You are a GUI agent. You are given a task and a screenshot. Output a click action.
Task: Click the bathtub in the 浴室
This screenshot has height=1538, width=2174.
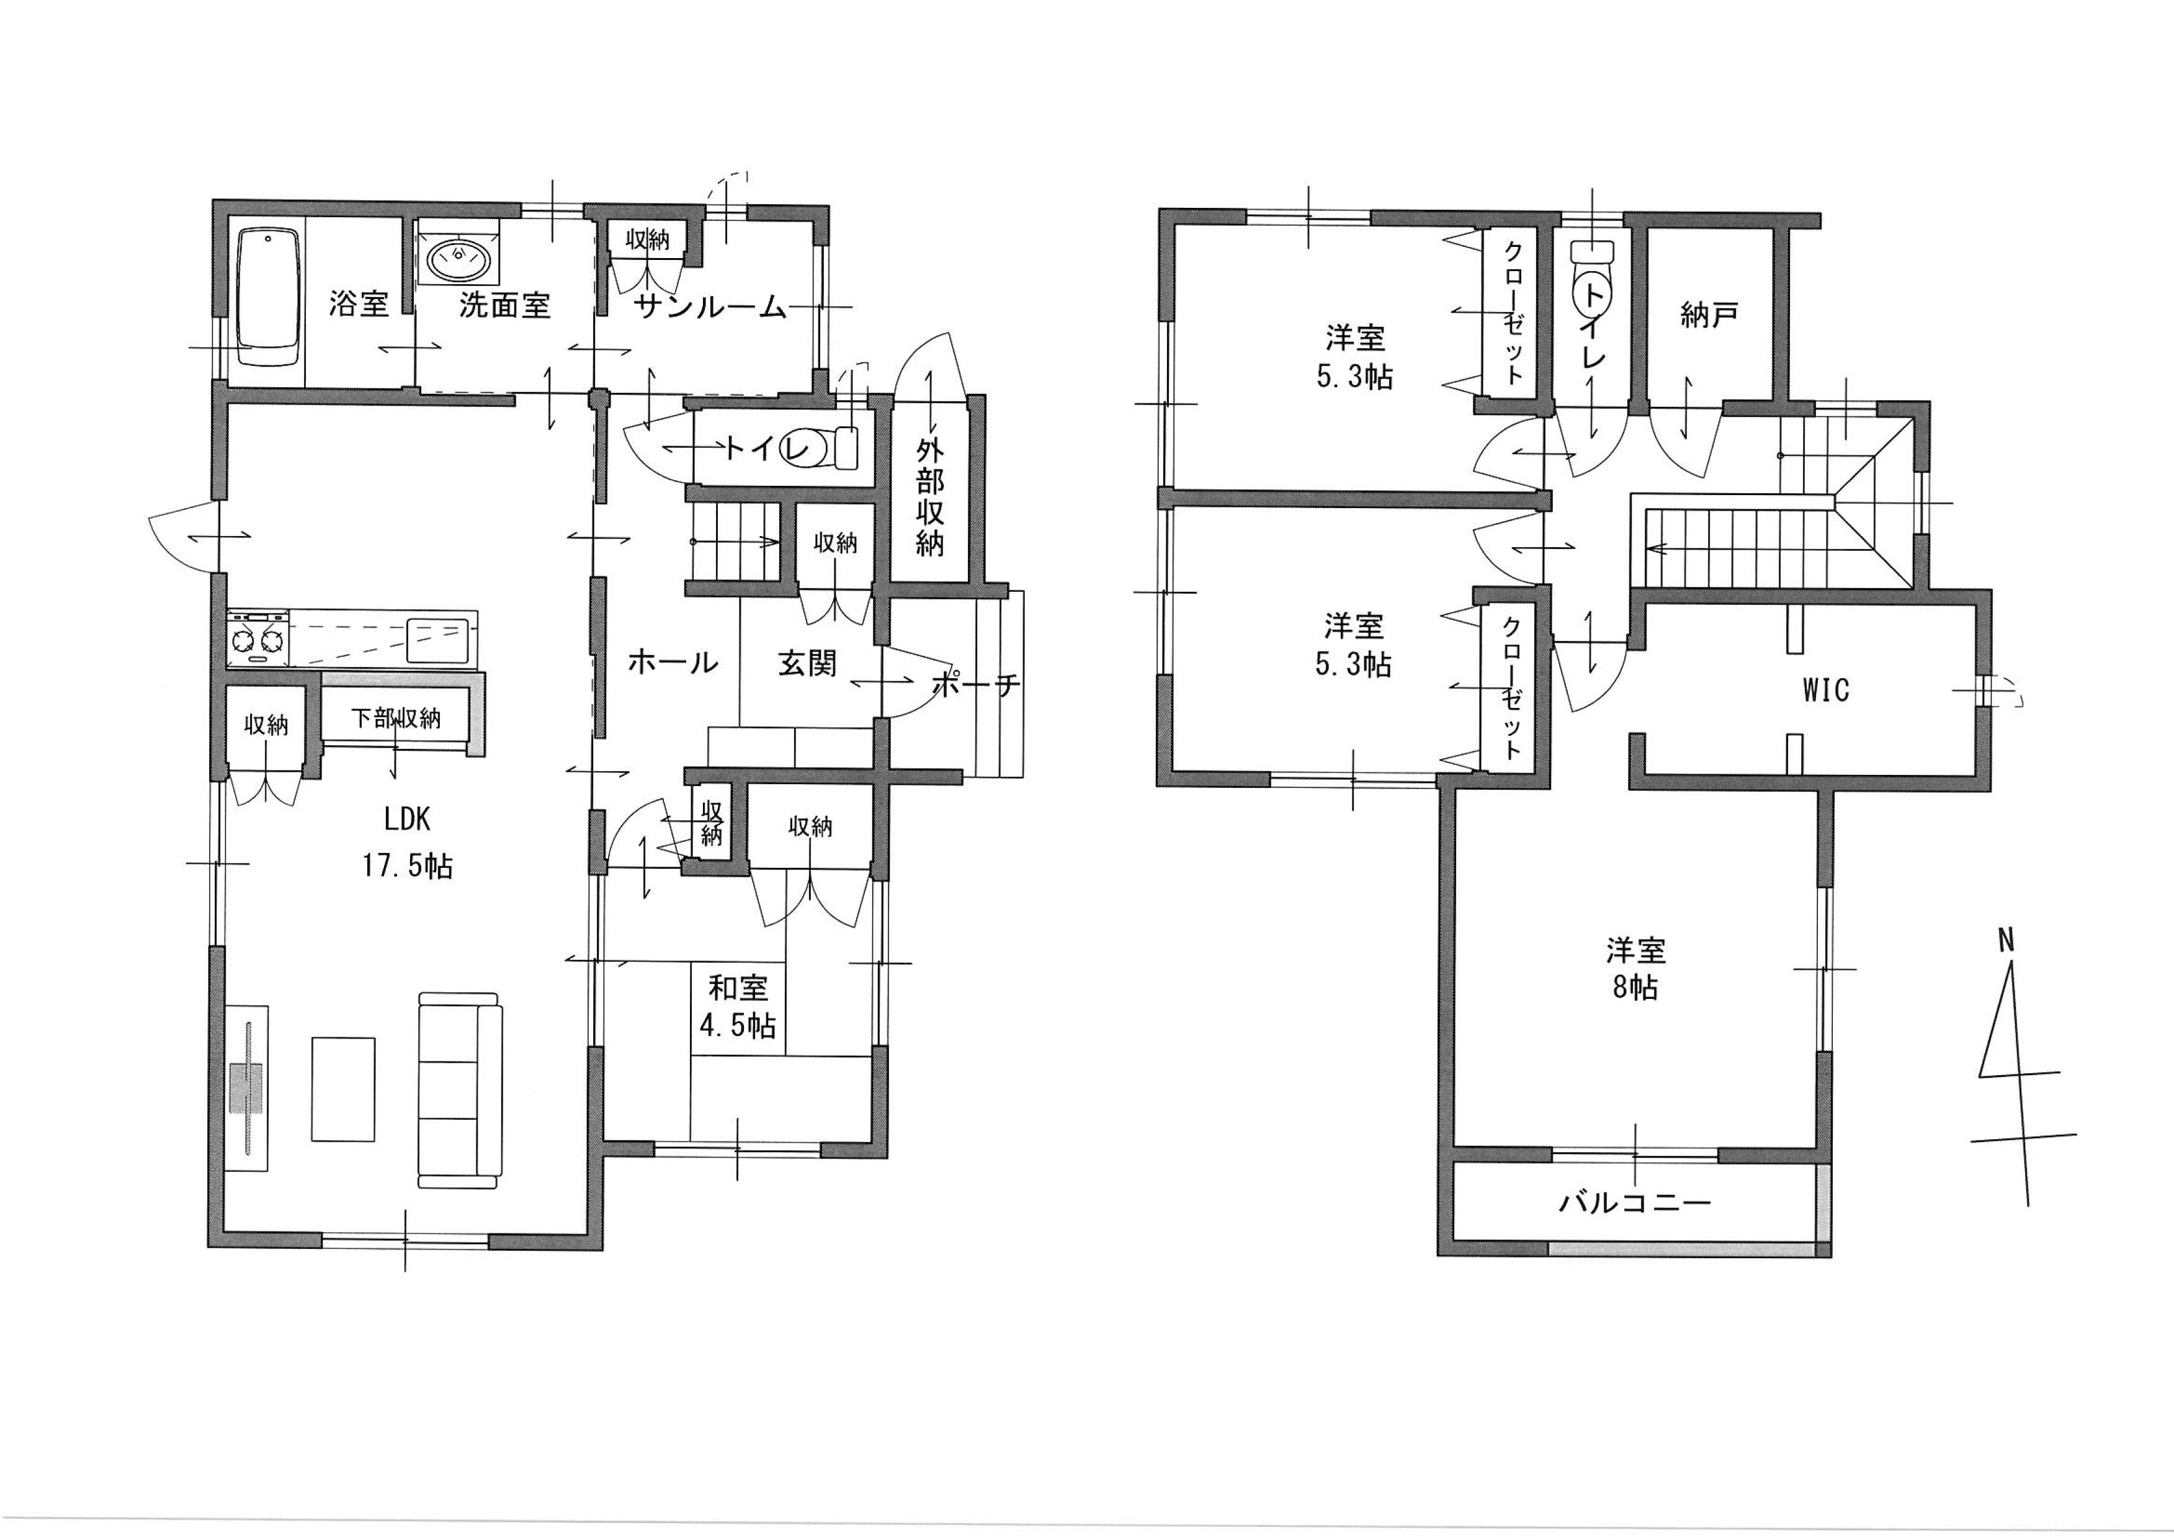[x=269, y=297]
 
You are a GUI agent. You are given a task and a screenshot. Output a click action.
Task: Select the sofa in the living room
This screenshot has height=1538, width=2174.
[x=459, y=1090]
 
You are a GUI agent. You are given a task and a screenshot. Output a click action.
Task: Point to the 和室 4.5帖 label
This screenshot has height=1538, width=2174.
[x=741, y=1006]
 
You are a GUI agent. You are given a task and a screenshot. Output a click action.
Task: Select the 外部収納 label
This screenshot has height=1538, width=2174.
[x=930, y=497]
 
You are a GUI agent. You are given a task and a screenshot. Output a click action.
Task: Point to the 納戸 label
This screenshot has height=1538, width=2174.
[x=1709, y=315]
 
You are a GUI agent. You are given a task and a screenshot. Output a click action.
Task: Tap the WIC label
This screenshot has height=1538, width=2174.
[x=1825, y=689]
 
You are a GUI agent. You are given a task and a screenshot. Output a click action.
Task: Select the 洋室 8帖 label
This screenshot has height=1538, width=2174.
[x=1635, y=968]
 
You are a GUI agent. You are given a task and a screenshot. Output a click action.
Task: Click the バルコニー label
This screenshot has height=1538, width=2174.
[x=1635, y=1204]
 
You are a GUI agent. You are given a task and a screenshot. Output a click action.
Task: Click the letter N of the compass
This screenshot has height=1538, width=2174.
[x=2005, y=941]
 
